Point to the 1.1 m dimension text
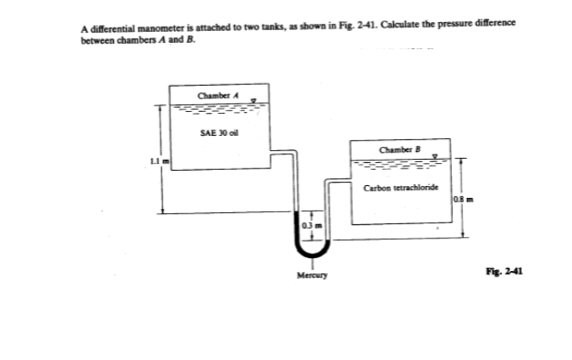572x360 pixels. coord(153,161)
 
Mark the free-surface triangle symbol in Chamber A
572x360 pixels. coord(253,101)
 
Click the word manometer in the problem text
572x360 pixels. coord(153,25)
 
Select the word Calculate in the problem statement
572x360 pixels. coord(392,25)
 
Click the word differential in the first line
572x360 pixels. coord(111,25)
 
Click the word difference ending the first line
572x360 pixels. coord(500,25)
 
